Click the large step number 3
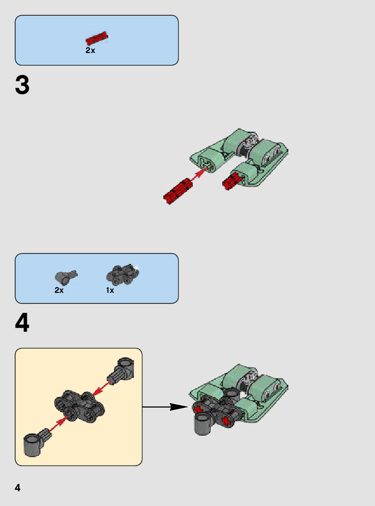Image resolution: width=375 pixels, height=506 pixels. (x=22, y=85)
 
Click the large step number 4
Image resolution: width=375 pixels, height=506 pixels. (x=22, y=322)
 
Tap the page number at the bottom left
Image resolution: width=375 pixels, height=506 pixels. (x=18, y=488)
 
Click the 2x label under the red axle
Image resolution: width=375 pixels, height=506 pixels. (x=90, y=50)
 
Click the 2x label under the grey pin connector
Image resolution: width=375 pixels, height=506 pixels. (x=59, y=290)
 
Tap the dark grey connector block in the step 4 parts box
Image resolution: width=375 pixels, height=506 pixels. (x=123, y=275)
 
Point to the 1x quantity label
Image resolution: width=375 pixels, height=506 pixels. (x=110, y=290)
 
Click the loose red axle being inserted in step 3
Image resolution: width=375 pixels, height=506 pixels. (x=178, y=191)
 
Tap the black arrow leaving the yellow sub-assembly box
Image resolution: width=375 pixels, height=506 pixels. (x=165, y=407)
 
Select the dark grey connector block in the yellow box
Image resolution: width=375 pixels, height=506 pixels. (x=79, y=407)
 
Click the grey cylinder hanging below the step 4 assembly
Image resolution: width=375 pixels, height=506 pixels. (x=203, y=424)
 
